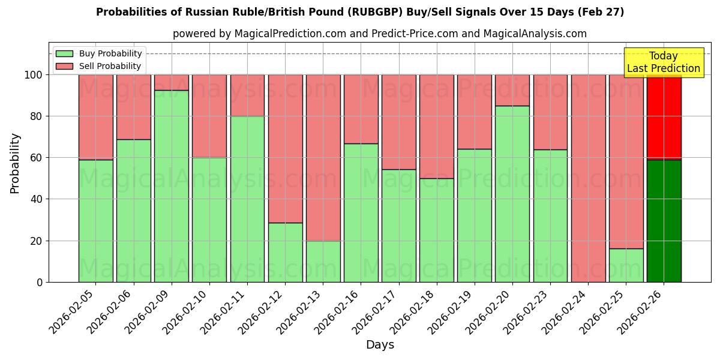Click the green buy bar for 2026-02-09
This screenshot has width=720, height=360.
(x=172, y=186)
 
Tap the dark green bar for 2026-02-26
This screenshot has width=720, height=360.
(x=664, y=221)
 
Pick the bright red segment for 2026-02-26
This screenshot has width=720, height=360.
(x=664, y=117)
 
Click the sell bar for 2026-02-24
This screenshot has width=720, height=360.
(x=588, y=178)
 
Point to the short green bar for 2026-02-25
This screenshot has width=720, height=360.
(x=626, y=265)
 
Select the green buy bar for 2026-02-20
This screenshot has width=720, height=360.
(x=512, y=194)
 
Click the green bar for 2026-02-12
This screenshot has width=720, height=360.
(x=285, y=252)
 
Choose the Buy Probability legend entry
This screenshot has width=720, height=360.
(x=98, y=53)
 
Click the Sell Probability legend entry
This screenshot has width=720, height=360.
(x=98, y=66)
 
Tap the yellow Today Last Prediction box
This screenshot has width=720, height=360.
(x=663, y=62)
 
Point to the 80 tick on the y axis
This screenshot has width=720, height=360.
(x=37, y=116)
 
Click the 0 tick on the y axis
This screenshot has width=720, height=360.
(x=40, y=282)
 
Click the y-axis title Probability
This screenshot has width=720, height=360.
(x=15, y=163)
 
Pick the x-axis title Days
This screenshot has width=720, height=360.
(x=380, y=345)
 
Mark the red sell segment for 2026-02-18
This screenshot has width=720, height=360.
(x=436, y=127)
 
